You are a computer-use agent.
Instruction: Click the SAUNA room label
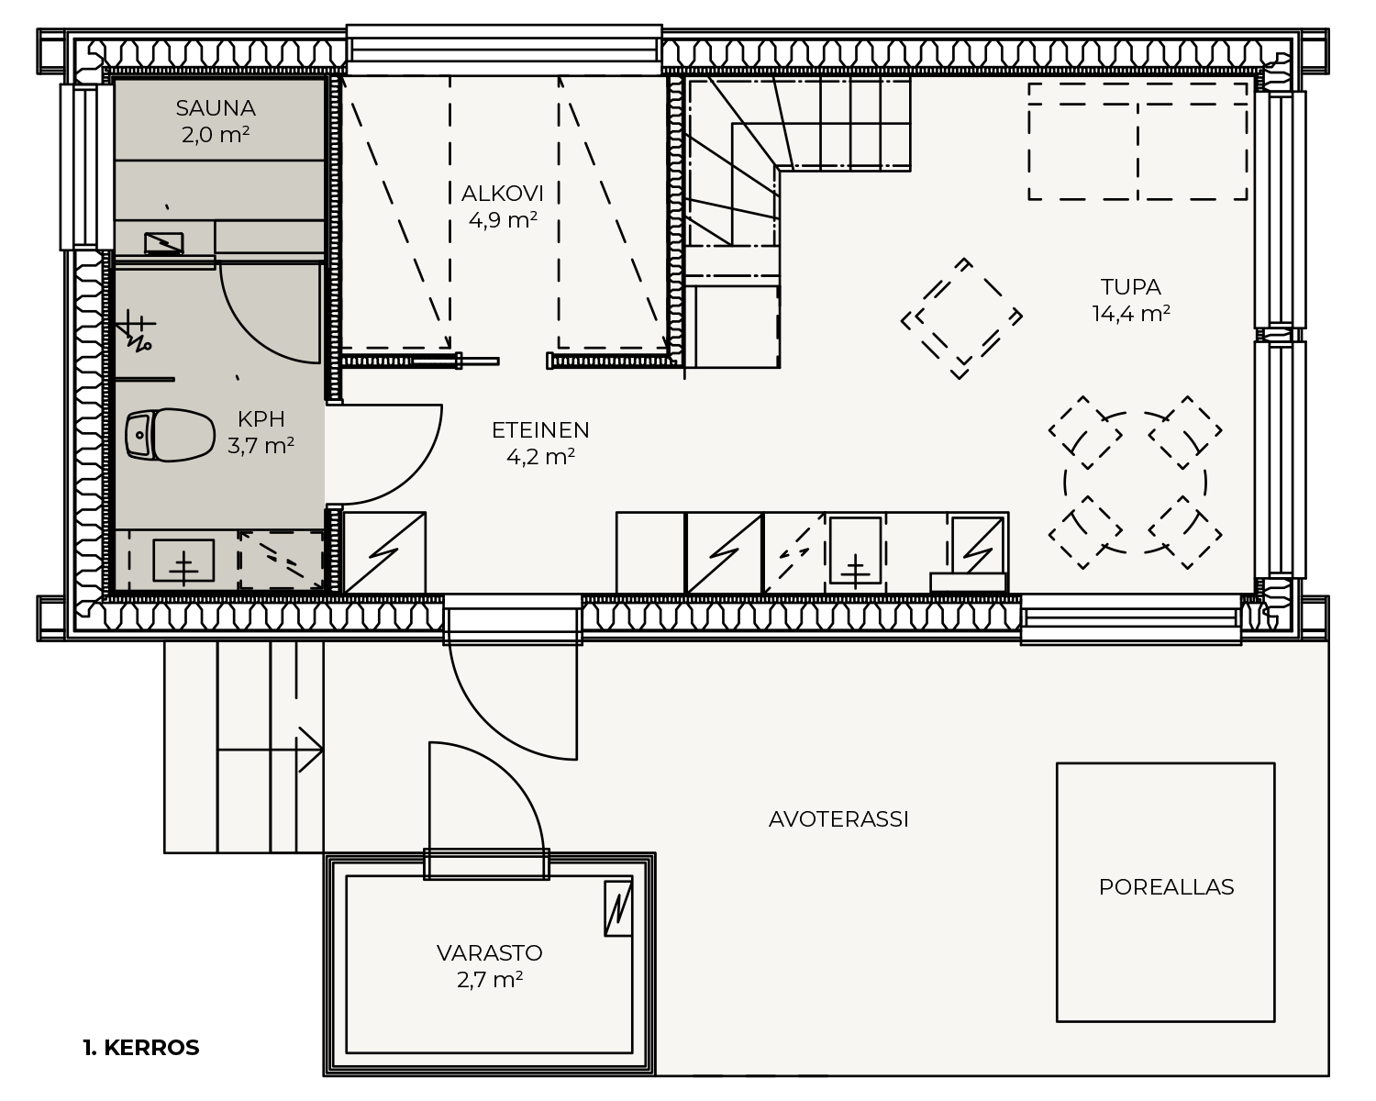(216, 108)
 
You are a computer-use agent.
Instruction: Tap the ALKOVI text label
(503, 194)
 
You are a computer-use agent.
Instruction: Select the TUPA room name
(1130, 286)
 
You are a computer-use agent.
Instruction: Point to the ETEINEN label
(540, 430)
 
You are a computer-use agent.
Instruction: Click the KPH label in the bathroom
(261, 419)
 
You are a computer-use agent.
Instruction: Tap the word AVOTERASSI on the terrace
(838, 819)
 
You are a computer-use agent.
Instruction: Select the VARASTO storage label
(490, 952)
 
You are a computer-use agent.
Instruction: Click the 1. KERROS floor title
(141, 1048)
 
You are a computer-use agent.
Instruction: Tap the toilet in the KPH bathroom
(170, 435)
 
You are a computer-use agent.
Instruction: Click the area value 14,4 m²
(1131, 314)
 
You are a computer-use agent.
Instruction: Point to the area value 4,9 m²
(503, 220)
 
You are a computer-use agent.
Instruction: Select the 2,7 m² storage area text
(490, 980)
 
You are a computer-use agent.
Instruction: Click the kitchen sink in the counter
(855, 550)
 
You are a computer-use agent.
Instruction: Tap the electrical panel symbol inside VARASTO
(618, 908)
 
